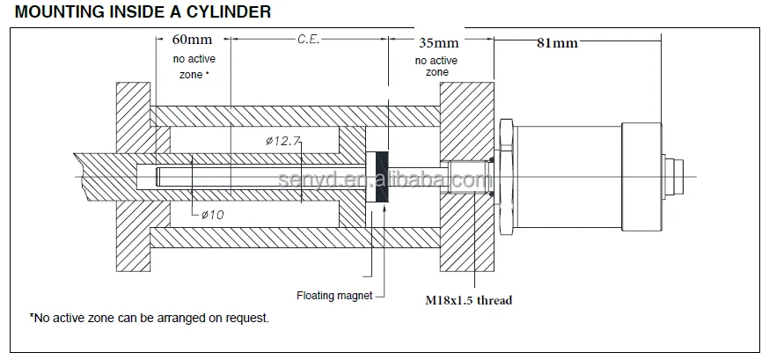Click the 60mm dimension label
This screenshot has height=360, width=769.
(192, 40)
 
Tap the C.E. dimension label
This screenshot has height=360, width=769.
(307, 40)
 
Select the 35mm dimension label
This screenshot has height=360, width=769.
(438, 42)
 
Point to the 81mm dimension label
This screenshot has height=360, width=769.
(557, 42)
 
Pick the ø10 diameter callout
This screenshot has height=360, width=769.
(212, 215)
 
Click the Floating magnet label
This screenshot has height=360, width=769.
(333, 296)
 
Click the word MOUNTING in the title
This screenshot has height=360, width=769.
(53, 12)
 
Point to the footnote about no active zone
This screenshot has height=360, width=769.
(149, 317)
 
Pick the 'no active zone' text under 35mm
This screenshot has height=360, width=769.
(437, 66)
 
